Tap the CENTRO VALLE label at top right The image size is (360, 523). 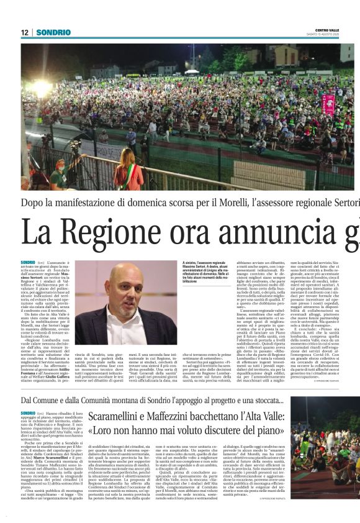[x=327, y=30]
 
